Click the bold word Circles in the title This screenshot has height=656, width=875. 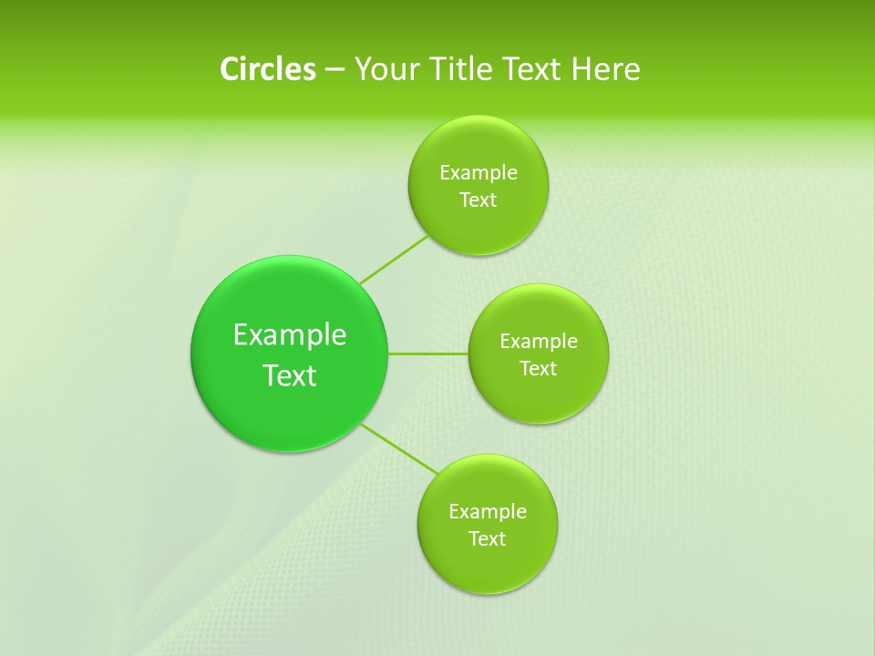(x=267, y=69)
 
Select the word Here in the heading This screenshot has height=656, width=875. (x=606, y=69)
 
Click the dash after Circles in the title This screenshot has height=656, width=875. (x=335, y=70)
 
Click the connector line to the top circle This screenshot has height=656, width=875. (x=394, y=260)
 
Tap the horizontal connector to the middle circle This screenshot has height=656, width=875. (x=428, y=354)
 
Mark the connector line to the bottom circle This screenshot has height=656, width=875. (x=398, y=447)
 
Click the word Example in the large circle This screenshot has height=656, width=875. (x=290, y=335)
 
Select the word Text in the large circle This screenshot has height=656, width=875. (x=290, y=375)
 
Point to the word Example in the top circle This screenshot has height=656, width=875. (x=479, y=173)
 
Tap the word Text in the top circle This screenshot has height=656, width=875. (x=478, y=200)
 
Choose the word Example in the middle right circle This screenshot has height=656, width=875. (x=539, y=342)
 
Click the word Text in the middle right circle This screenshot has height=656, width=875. (x=538, y=369)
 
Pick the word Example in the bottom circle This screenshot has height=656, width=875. (x=488, y=512)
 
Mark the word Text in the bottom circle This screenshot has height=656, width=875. (x=487, y=539)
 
